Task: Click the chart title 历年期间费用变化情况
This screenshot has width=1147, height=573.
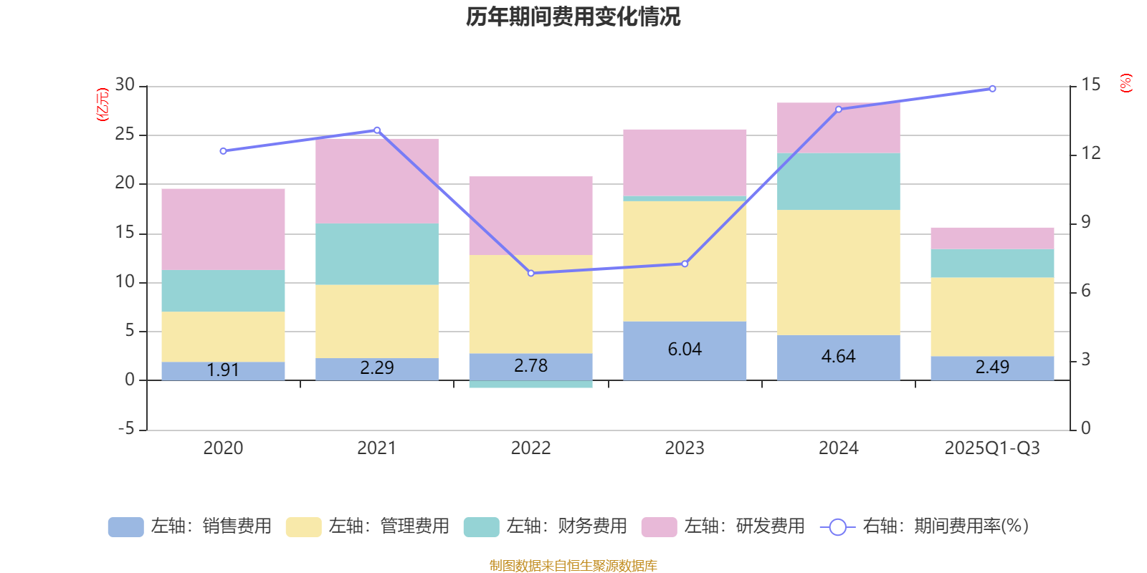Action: [573, 16]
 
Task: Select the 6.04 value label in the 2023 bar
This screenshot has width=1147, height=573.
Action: [685, 350]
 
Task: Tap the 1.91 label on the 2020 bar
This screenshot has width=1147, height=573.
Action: [223, 370]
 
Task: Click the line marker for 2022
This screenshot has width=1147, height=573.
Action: [530, 273]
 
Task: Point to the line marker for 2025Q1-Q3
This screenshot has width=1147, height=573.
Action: [992, 89]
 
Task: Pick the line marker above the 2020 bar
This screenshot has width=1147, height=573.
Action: [223, 151]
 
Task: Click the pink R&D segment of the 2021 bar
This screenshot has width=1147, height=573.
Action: [377, 180]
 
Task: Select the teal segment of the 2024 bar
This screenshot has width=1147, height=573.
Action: [839, 181]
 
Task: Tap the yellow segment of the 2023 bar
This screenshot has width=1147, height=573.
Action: [685, 261]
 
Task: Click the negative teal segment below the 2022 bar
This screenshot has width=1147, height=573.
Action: [530, 385]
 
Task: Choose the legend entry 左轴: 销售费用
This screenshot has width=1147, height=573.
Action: [190, 526]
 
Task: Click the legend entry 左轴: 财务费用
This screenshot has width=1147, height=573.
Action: [546, 526]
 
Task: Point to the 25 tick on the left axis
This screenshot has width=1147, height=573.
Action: [125, 135]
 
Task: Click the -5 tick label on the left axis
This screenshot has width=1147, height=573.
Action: [125, 429]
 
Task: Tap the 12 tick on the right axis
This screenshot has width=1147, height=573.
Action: [1091, 153]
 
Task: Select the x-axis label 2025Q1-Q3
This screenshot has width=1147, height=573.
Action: [992, 448]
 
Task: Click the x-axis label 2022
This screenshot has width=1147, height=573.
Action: [530, 448]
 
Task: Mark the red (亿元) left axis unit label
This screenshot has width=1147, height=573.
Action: [103, 105]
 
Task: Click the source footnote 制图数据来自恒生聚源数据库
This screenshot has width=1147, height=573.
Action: [573, 566]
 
